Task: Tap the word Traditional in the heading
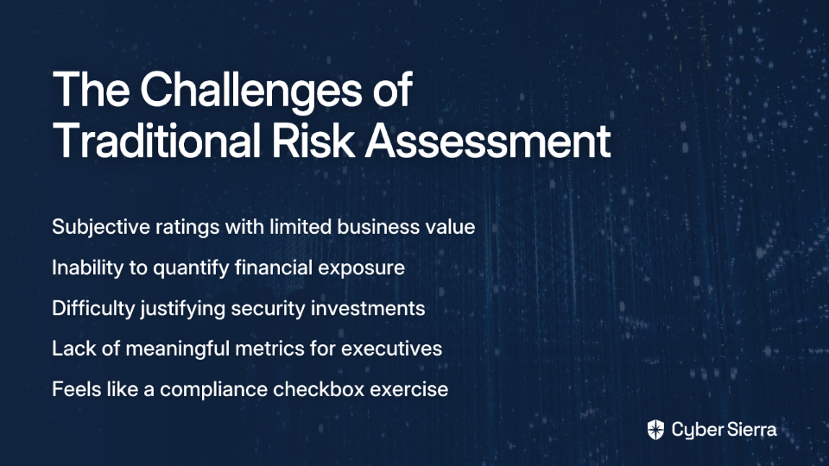tap(156, 141)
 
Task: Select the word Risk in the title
tap(313, 141)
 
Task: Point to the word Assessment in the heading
tap(488, 141)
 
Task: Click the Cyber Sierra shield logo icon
tap(655, 430)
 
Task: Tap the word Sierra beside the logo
tap(750, 430)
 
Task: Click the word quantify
tap(191, 268)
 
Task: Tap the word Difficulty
tap(93, 309)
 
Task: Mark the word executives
tap(391, 349)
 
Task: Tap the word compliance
tap(213, 390)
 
